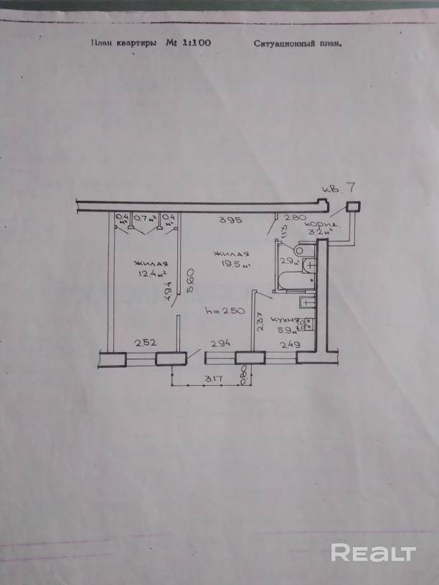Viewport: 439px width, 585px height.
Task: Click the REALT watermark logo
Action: coord(373,553)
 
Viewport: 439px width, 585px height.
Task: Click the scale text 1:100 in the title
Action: coord(197,43)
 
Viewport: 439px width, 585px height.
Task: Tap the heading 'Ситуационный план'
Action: coord(297,43)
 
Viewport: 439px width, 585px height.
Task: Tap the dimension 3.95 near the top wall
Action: coord(228,219)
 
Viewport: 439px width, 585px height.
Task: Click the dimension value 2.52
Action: coord(145,343)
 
